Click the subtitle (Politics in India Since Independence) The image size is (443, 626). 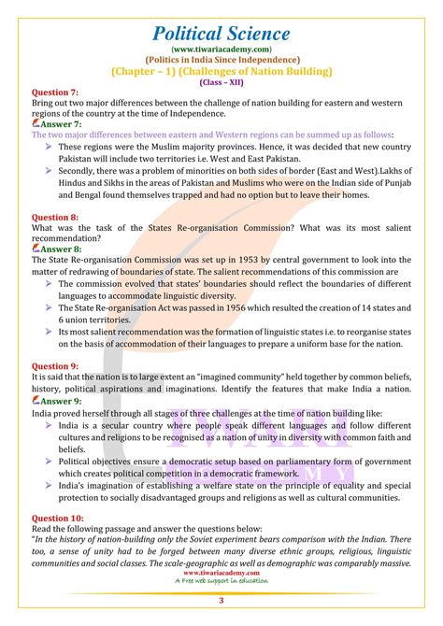click(221, 59)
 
